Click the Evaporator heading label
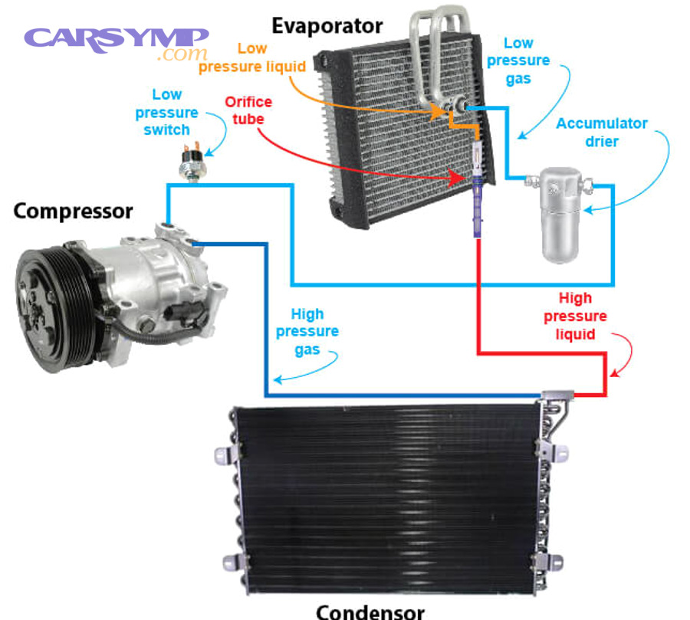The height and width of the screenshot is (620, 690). pos(327,25)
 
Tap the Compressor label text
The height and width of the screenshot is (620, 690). pos(73,211)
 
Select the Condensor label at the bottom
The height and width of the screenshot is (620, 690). pos(370,611)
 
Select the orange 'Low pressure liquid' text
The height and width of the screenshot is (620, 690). pos(252,57)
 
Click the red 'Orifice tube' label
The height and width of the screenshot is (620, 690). pos(248,110)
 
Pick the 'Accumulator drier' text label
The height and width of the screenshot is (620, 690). pos(602,132)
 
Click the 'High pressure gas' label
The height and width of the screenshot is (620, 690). pos(307,331)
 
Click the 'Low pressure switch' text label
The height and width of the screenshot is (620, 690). pos(166,112)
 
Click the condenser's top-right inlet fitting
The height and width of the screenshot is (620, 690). pos(557,396)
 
